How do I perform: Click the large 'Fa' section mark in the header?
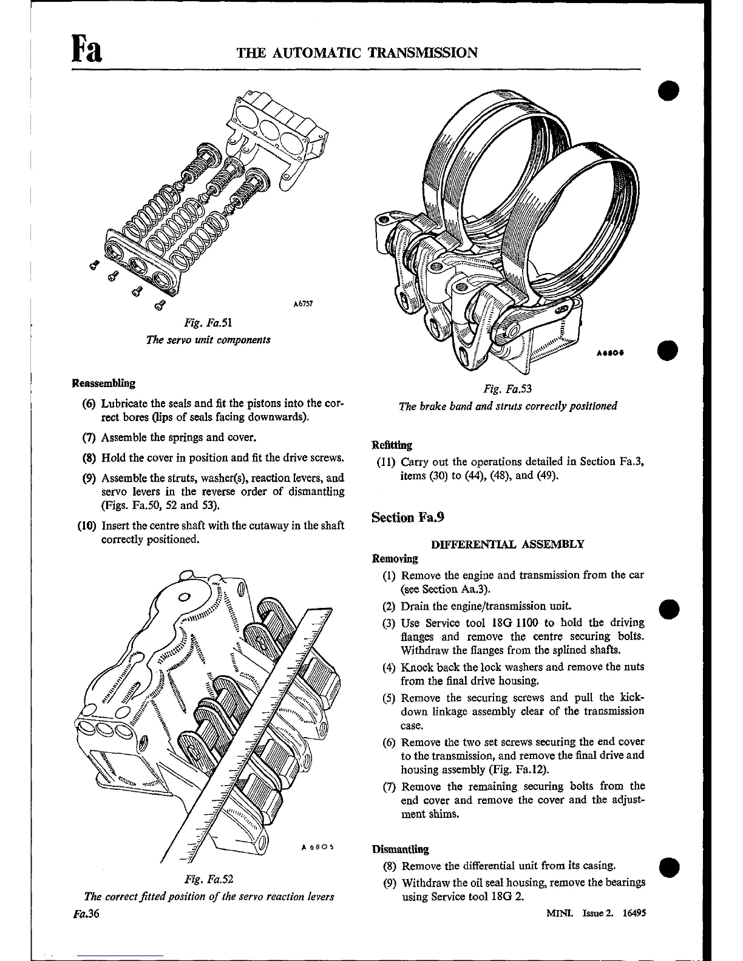(x=86, y=49)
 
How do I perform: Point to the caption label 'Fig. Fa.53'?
(x=507, y=389)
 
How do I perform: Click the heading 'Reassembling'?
(x=103, y=383)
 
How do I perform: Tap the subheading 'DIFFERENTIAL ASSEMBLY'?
(x=507, y=544)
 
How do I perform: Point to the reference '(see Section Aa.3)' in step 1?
(x=445, y=589)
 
